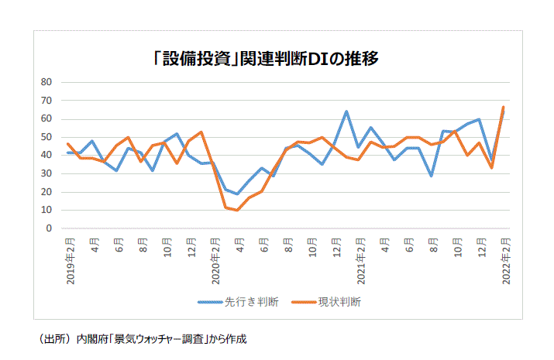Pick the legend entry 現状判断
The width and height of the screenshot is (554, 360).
click(339, 302)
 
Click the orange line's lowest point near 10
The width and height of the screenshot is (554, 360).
click(238, 210)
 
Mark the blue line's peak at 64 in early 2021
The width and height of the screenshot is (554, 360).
click(346, 111)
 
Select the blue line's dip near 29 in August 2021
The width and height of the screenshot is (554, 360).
click(432, 176)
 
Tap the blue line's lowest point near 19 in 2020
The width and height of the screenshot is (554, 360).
click(238, 194)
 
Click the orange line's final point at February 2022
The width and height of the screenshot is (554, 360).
click(504, 107)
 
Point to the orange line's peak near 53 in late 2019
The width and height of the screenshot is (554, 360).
click(201, 132)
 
